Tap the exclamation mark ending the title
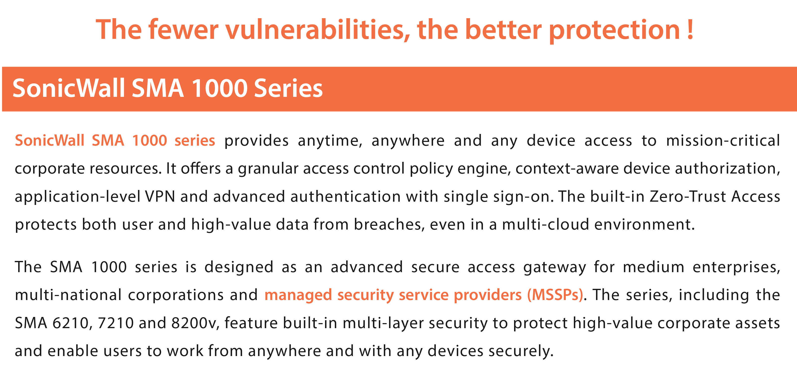tap(690, 29)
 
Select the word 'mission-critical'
tap(723, 140)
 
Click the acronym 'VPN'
tap(160, 196)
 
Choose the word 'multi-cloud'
tap(545, 224)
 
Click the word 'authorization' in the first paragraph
tap(727, 169)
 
